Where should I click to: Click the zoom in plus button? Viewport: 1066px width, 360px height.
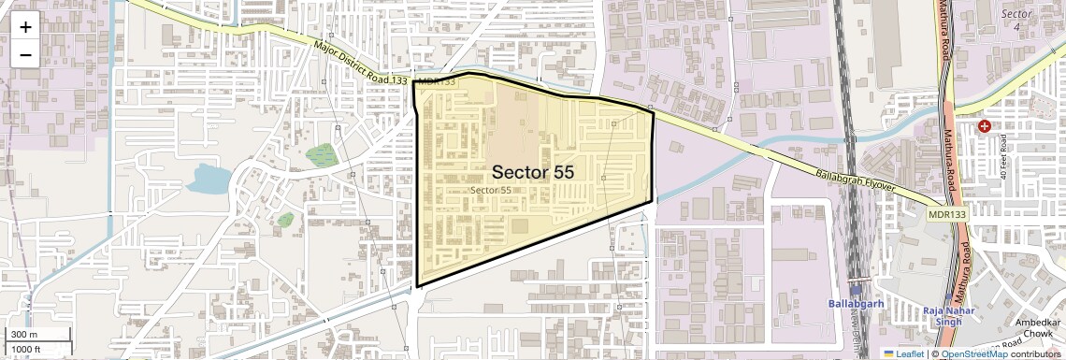[x=25, y=26]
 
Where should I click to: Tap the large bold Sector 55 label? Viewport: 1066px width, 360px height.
[x=532, y=172]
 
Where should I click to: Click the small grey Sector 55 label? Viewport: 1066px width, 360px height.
[x=491, y=190]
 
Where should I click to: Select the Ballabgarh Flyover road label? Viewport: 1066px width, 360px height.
[x=857, y=181]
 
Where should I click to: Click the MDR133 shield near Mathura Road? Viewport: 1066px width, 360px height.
[x=947, y=215]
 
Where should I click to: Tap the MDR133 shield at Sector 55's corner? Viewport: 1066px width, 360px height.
[x=437, y=81]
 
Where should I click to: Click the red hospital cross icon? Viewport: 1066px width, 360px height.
[x=984, y=125]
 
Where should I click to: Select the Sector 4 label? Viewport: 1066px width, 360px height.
[x=1016, y=20]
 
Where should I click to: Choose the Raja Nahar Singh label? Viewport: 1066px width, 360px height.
[x=948, y=316]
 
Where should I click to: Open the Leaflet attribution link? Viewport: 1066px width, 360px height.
[x=908, y=354]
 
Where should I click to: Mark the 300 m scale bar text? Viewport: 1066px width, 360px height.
[x=24, y=335]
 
